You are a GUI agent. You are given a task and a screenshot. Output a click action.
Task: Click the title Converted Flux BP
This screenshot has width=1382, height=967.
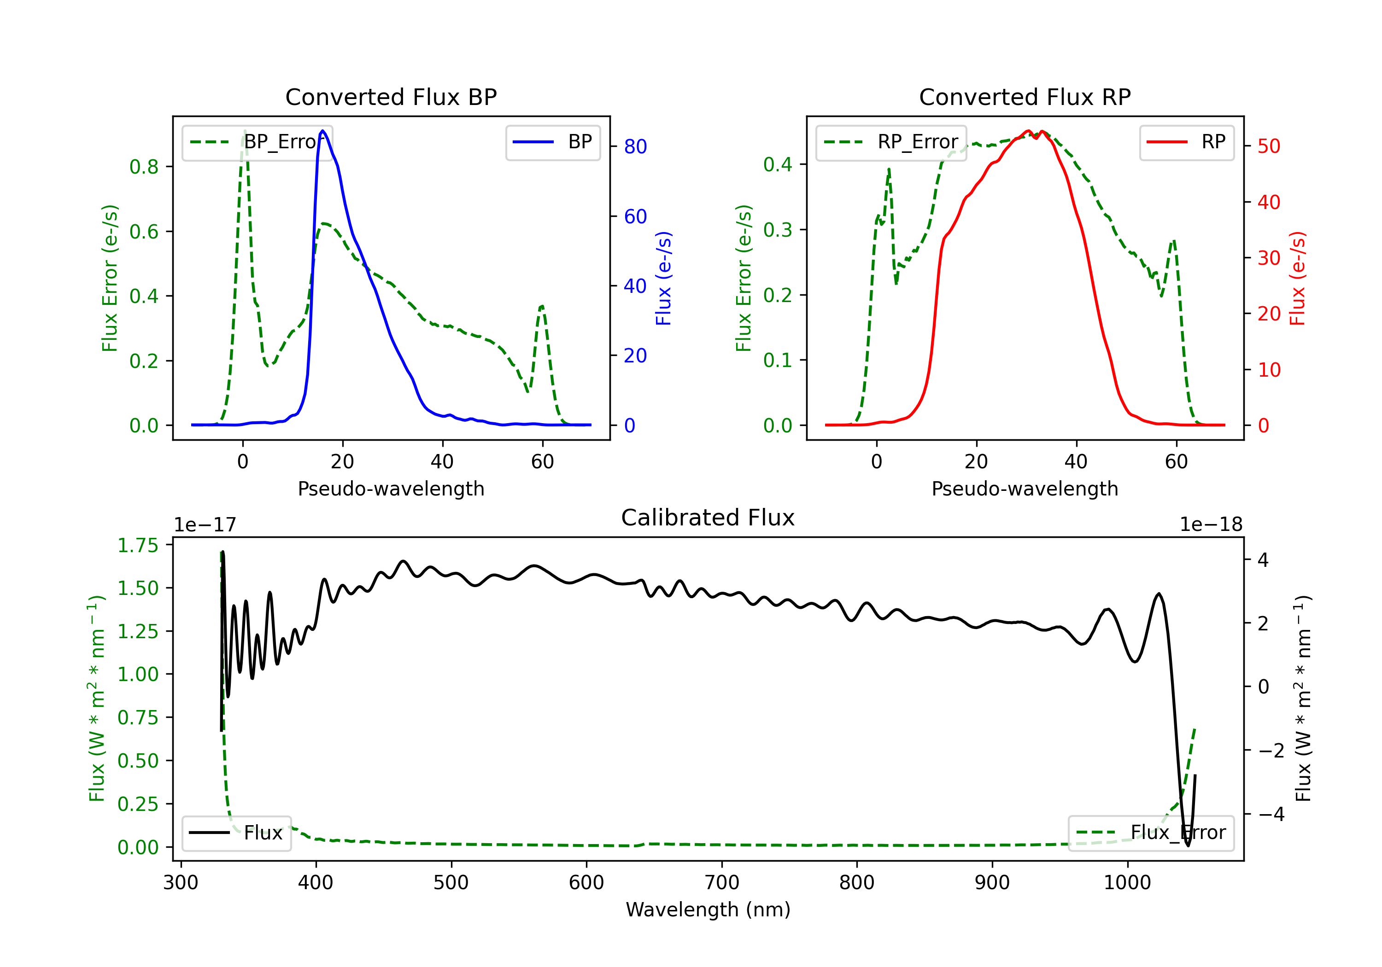coord(391,97)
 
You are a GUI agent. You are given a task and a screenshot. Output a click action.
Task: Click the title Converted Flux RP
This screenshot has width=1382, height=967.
coord(1025,97)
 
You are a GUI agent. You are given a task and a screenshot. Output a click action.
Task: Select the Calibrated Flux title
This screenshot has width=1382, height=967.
coord(708,518)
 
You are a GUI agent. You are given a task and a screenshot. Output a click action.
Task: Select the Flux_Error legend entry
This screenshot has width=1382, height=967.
coord(1151,833)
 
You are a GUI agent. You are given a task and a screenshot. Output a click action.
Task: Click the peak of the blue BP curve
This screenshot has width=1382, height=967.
coord(323,131)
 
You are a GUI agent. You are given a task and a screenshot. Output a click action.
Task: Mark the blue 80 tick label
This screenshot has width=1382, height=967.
coord(635,146)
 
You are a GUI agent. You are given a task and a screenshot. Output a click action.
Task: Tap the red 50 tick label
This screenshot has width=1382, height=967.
coord(1269,146)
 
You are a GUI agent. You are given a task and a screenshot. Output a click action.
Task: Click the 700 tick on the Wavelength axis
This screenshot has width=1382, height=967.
coord(722,882)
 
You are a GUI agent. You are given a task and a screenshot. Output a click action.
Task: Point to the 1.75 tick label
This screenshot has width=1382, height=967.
coord(138,545)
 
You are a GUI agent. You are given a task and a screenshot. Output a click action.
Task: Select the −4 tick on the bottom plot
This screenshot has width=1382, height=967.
coord(1271,814)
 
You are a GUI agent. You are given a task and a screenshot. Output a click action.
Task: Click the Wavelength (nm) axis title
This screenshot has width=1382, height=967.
coord(708,909)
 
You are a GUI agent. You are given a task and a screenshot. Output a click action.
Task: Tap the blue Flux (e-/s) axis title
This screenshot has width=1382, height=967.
coord(663,279)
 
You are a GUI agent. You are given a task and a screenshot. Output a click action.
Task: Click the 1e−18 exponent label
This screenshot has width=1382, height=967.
coord(1211,525)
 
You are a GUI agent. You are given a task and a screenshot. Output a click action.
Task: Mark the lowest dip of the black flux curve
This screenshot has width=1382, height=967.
coord(1188,845)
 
